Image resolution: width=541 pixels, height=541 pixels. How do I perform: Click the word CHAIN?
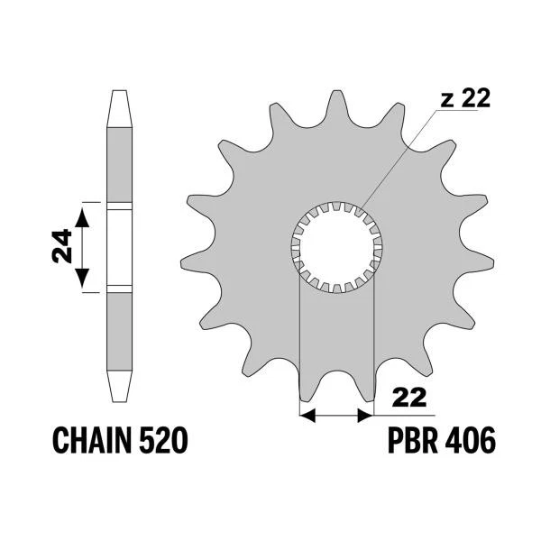[x=92, y=440]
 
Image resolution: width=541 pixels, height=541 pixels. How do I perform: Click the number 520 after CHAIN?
[x=163, y=440]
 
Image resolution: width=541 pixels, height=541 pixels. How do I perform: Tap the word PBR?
[x=414, y=440]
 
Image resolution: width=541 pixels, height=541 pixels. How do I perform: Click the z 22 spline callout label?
[x=465, y=98]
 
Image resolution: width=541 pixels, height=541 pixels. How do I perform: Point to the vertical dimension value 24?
[x=62, y=246]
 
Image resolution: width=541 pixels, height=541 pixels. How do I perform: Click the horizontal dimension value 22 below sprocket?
[x=409, y=399]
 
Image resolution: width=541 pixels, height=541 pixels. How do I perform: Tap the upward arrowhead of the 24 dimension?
[x=82, y=217]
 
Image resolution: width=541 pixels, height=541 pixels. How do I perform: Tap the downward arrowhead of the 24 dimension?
[x=82, y=278]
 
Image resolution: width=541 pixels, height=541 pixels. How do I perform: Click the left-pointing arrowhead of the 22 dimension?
[x=307, y=416]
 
